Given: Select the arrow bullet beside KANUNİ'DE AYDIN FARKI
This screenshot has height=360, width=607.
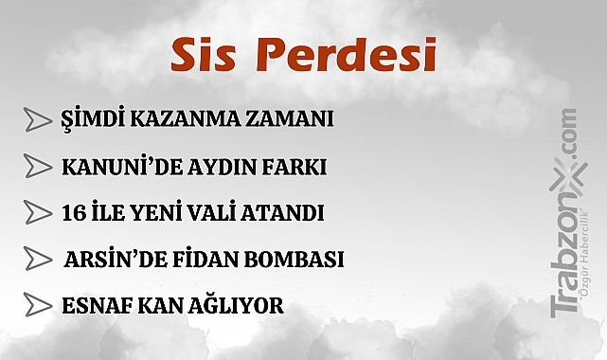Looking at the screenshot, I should coord(38,167).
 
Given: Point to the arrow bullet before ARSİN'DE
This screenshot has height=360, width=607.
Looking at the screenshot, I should coord(38,259).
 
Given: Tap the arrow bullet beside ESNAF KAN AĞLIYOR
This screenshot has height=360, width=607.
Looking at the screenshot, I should coord(38,305).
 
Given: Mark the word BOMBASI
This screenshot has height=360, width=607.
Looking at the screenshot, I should coord(294,259).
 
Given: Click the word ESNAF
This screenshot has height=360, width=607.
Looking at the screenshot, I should coord(93,305).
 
